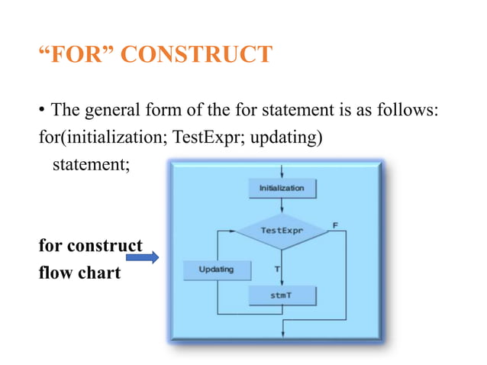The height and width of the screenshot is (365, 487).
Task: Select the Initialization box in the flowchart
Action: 282,189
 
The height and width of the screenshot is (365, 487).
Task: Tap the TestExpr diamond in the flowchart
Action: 282,230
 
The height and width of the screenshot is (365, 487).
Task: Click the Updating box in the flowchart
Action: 216,270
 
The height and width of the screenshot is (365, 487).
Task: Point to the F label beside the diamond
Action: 335,224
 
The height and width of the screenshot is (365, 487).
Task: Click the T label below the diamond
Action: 276,269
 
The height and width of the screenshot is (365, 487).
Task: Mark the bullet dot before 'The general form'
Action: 43,112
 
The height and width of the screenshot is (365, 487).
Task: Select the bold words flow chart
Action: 79,273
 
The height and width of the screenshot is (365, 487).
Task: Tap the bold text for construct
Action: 90,246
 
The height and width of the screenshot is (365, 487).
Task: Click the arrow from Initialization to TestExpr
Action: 282,208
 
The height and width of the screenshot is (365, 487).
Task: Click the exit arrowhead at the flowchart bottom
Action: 282,331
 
